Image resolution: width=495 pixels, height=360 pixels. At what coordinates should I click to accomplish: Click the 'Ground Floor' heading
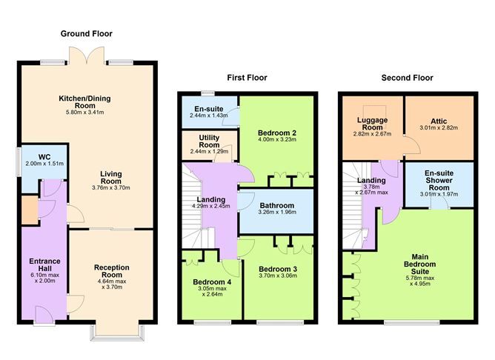[87, 33]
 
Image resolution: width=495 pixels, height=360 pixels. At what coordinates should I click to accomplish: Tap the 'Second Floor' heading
[407, 78]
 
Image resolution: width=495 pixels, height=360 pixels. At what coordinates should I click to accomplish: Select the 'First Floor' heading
[247, 78]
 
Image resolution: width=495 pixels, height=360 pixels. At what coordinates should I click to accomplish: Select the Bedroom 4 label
[213, 282]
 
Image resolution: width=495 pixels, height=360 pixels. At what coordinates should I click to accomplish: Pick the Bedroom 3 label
[278, 268]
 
